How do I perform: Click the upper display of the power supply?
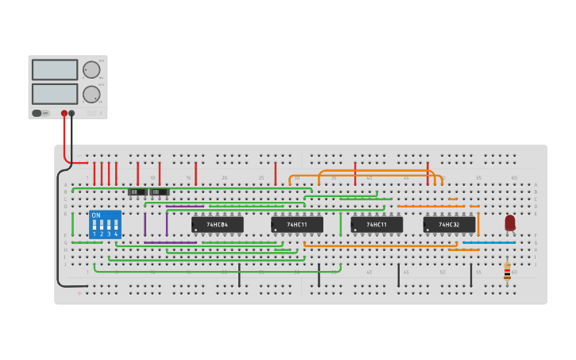(x=55, y=70)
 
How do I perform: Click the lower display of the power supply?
(x=55, y=94)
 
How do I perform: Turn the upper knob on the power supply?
(x=91, y=69)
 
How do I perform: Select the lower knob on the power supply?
(x=91, y=94)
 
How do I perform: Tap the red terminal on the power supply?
(x=64, y=114)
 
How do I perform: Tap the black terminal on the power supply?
(x=72, y=114)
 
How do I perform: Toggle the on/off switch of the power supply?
(x=37, y=114)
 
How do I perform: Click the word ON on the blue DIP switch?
(x=95, y=215)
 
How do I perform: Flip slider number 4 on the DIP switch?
(x=116, y=225)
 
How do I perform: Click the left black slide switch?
(x=137, y=192)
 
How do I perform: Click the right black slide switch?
(x=160, y=192)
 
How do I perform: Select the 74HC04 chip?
(x=217, y=225)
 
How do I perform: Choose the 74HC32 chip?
(x=449, y=225)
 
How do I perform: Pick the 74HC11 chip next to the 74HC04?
(x=297, y=225)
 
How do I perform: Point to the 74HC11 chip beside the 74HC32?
(x=377, y=225)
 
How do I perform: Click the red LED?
(x=509, y=223)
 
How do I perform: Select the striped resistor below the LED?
(x=507, y=272)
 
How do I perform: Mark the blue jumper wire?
(x=489, y=242)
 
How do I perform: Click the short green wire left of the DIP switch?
(x=72, y=223)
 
